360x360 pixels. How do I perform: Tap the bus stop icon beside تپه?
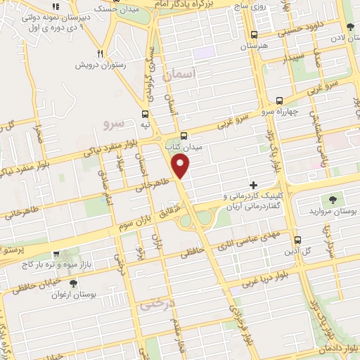pyautogui.click(x=145, y=114)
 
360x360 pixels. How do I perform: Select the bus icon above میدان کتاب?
pyautogui.click(x=184, y=136)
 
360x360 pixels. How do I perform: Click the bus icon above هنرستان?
pyautogui.click(x=254, y=34)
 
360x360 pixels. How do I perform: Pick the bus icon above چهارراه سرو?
pyautogui.click(x=279, y=101)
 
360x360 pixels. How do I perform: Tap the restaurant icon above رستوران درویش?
pyautogui.click(x=101, y=53)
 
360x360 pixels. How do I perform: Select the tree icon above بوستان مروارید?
pyautogui.click(x=333, y=199)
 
